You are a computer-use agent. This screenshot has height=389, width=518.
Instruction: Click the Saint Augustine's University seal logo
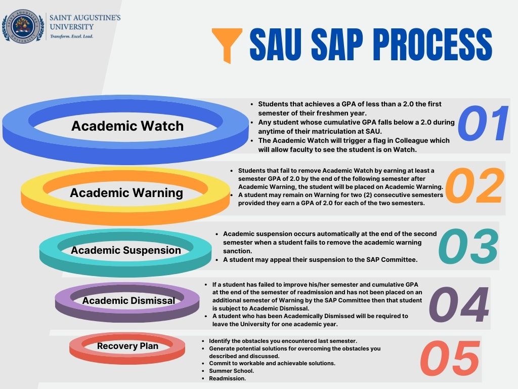(x=22, y=26)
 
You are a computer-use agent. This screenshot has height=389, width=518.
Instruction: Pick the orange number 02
(x=474, y=186)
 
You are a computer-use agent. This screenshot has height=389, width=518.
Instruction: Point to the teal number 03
(x=468, y=247)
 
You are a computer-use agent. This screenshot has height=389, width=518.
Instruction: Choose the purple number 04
(x=459, y=306)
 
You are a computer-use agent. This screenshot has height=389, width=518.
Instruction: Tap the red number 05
(x=450, y=359)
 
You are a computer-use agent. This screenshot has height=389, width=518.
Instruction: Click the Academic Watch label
(x=127, y=126)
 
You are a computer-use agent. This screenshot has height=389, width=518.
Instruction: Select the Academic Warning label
(x=126, y=192)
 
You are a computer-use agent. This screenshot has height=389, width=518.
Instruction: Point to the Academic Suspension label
(x=126, y=250)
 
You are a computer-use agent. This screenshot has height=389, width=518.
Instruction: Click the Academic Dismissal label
(x=128, y=300)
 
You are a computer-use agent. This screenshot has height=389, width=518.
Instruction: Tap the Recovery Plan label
(x=127, y=346)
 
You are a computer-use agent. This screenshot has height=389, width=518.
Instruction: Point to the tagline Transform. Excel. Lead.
(x=71, y=36)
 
